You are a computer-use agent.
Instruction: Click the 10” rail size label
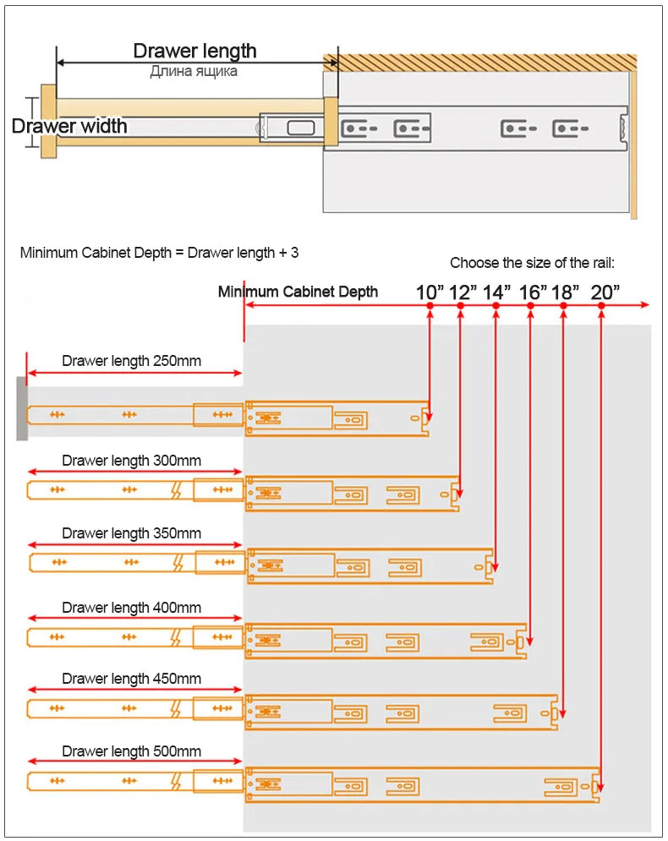tap(430, 292)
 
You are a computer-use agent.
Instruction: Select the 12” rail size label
tap(463, 292)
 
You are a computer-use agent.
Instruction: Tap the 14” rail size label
tap(496, 292)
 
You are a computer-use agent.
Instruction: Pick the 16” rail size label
tap(533, 292)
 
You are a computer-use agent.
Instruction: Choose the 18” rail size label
tap(565, 292)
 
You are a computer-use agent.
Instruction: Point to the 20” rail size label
tap(605, 292)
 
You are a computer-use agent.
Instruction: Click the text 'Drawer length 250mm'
tap(131, 361)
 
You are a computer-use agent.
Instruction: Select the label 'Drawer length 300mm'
tap(131, 461)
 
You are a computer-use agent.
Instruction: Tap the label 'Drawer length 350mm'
tap(131, 533)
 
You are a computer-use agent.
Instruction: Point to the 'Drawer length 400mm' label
tap(131, 608)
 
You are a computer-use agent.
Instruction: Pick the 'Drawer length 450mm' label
tap(131, 679)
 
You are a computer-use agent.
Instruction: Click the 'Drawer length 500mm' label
tap(131, 751)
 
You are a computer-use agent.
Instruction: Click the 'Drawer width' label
tap(69, 127)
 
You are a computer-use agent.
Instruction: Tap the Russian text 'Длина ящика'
tap(194, 72)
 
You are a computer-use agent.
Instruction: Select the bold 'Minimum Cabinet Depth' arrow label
tap(298, 292)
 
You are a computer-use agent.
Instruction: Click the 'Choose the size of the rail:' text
tap(532, 263)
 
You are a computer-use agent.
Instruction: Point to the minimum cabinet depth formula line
tap(159, 252)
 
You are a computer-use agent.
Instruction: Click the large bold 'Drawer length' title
tap(194, 51)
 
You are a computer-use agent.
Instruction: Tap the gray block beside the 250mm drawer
tap(22, 408)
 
